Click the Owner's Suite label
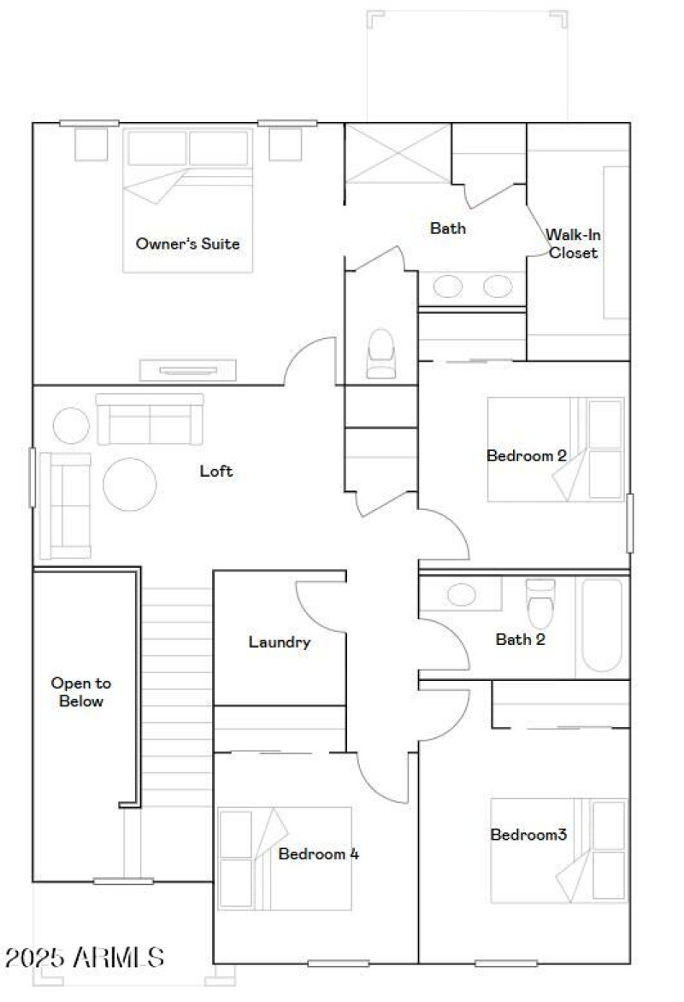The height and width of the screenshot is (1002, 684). pyautogui.click(x=187, y=244)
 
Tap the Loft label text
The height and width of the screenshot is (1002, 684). pyautogui.click(x=216, y=471)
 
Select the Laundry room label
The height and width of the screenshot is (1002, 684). pyautogui.click(x=279, y=642)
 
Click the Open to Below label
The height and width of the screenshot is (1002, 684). pyautogui.click(x=80, y=693)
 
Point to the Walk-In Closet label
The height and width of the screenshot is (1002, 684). pyautogui.click(x=573, y=243)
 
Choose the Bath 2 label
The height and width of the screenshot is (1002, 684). pyautogui.click(x=521, y=639)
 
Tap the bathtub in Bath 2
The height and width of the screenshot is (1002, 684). pyautogui.click(x=602, y=626)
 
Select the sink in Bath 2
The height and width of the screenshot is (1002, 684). pyautogui.click(x=463, y=595)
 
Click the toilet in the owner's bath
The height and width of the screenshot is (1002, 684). pyautogui.click(x=381, y=354)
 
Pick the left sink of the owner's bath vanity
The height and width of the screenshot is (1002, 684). pyautogui.click(x=447, y=287)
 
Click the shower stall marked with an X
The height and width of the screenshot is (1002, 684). pyautogui.click(x=397, y=153)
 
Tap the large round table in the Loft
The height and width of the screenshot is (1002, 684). pyautogui.click(x=130, y=484)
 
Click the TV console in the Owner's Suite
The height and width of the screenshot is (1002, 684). pyautogui.click(x=188, y=370)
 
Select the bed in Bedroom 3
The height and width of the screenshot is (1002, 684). pyautogui.click(x=558, y=851)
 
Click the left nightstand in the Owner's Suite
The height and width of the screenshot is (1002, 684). pyautogui.click(x=91, y=144)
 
